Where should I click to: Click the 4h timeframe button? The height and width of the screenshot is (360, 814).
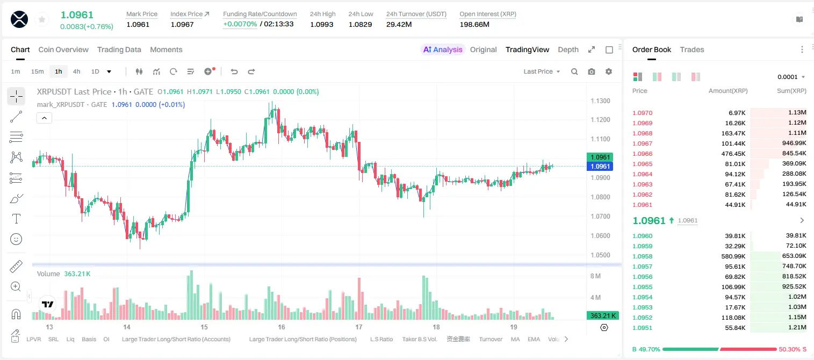point(76,71)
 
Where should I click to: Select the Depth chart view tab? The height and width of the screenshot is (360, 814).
point(568,50)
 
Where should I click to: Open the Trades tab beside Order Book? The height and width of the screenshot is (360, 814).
point(692,50)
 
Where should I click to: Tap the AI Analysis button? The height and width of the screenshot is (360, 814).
point(443,50)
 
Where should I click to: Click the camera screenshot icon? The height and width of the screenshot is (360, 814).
point(592,71)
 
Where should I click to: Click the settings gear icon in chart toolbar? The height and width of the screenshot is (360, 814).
point(609,71)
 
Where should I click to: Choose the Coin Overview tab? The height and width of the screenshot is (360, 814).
point(63,50)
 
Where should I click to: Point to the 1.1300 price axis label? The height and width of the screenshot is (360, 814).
point(600,101)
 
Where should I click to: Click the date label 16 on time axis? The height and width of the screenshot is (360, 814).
point(281,327)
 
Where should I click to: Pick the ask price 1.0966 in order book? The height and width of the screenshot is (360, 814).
point(642,154)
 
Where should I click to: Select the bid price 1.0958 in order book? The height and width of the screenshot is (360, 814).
point(642,256)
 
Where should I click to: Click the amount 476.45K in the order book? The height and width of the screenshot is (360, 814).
point(733,154)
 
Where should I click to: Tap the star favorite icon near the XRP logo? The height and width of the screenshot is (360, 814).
point(42,19)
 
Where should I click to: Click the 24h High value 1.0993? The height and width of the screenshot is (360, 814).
point(322,24)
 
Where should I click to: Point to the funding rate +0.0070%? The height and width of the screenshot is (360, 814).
point(240,24)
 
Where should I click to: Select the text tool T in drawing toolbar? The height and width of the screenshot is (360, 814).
point(16,219)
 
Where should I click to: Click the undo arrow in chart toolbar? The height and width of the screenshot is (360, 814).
point(234,71)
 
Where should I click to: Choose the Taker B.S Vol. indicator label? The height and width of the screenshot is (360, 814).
point(419,339)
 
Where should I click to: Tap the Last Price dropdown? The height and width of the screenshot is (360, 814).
point(542,71)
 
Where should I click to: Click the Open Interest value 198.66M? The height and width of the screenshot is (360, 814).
point(474,24)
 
